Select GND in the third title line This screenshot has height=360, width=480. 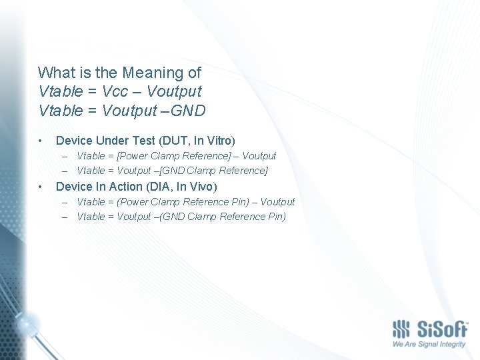pos(187,109)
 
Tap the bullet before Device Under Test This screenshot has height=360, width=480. pos(41,141)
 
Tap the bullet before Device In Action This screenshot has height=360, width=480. pos(41,187)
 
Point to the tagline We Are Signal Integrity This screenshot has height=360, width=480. pos(429,345)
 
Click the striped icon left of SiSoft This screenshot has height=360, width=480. pos(401,329)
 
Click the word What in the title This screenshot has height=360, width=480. pos(54,72)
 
